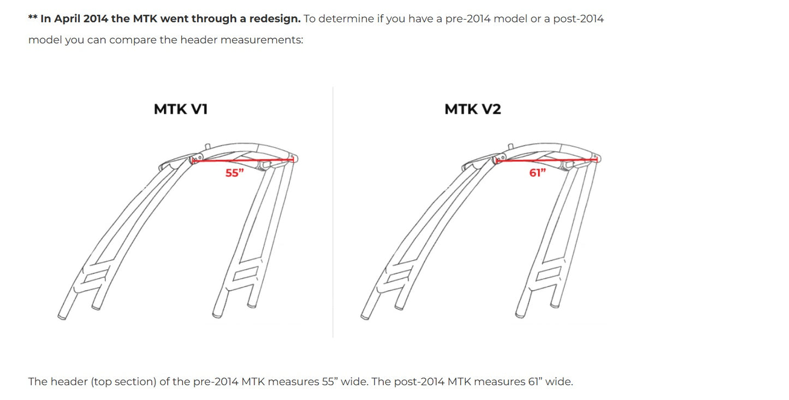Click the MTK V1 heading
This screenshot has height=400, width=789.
[x=181, y=109]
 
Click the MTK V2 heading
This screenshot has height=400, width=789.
[x=473, y=109]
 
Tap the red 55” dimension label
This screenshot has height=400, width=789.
[x=235, y=173]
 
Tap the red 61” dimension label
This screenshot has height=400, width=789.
[x=537, y=173]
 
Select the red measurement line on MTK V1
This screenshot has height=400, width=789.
[x=243, y=160]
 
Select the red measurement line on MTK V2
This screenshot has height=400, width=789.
[x=547, y=160]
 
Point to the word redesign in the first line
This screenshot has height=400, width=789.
[x=275, y=19]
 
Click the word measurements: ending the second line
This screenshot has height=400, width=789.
[x=262, y=40]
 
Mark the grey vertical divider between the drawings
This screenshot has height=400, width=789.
[x=333, y=212]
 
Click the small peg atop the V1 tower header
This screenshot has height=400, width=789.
[x=208, y=146]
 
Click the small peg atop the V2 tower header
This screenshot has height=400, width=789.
[x=511, y=146]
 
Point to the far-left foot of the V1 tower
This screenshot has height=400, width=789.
[x=62, y=316]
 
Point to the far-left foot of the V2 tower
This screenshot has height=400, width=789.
[x=365, y=316]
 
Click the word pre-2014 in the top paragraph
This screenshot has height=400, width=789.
[x=468, y=19]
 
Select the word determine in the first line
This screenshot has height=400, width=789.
[x=347, y=19]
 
